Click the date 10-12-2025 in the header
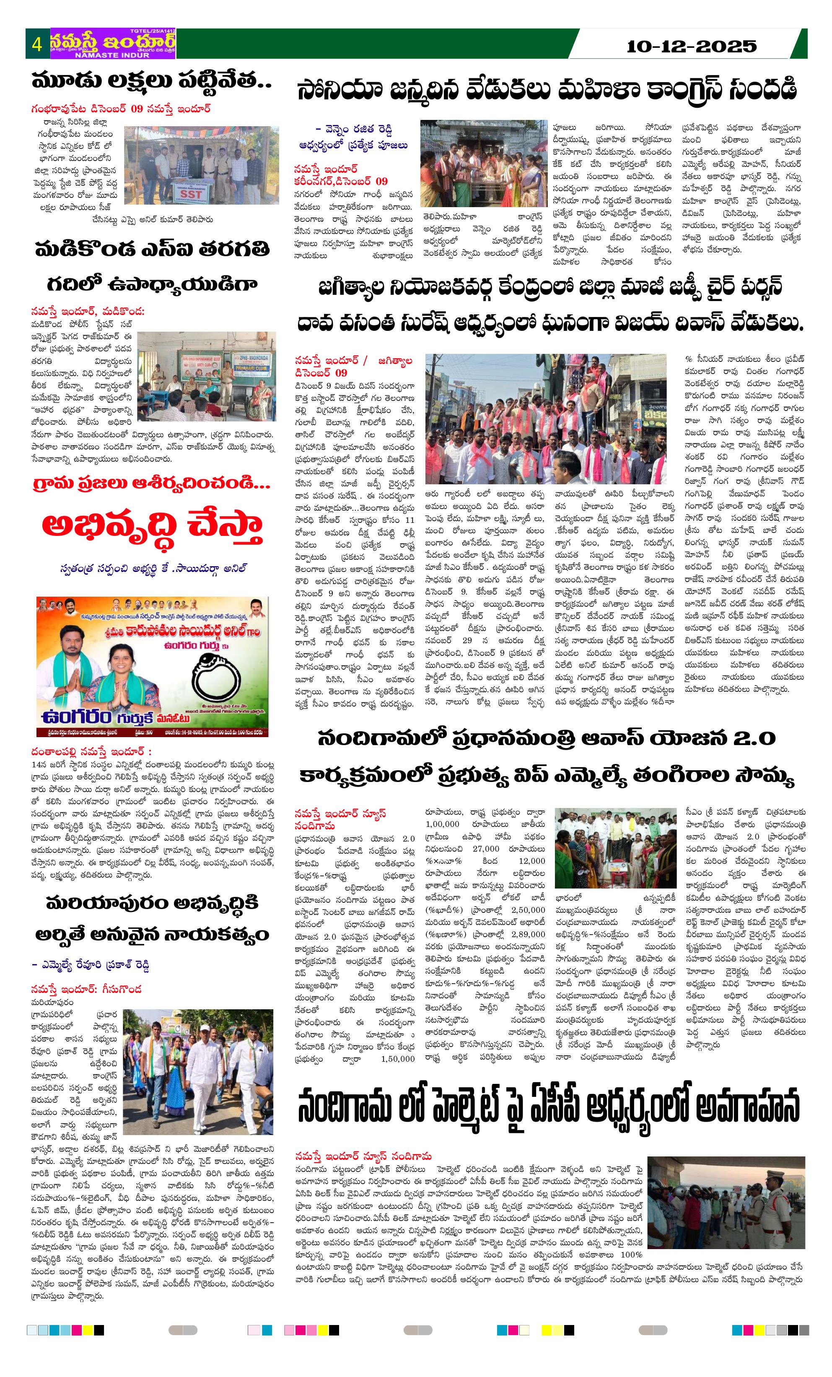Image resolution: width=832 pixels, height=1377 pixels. point(691,46)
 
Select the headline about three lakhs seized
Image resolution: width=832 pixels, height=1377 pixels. point(151,82)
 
